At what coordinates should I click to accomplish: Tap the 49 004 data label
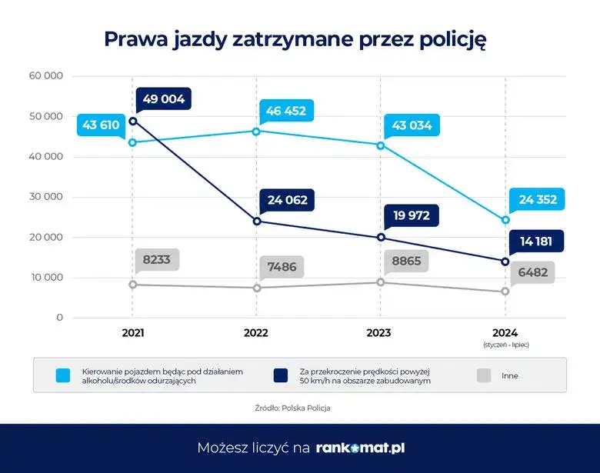(x=164, y=99)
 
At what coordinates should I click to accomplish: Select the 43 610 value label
(x=101, y=125)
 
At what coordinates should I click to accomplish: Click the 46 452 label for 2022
(x=285, y=111)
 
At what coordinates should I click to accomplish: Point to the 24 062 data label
(x=287, y=200)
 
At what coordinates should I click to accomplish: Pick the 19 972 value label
(x=411, y=215)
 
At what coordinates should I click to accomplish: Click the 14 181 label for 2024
(x=536, y=241)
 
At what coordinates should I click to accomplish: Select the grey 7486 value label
(x=282, y=267)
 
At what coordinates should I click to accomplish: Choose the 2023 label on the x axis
(x=378, y=333)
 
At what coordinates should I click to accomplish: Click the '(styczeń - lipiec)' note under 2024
(x=505, y=345)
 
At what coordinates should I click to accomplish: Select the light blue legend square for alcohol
(x=65, y=375)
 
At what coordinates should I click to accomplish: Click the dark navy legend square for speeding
(x=280, y=375)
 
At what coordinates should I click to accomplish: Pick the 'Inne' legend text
(x=509, y=376)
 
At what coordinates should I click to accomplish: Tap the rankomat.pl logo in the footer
(x=360, y=448)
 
